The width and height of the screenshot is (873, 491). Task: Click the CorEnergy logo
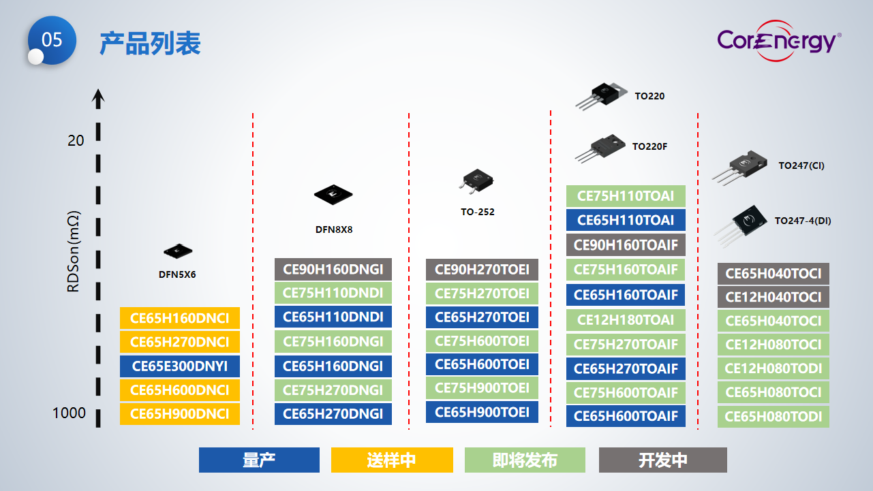[778, 41]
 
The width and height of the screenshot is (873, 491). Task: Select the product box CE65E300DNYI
[180, 366]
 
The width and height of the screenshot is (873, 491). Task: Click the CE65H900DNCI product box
[180, 414]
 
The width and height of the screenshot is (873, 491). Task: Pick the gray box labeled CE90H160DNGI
[333, 270]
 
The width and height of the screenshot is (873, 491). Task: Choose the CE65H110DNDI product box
[333, 317]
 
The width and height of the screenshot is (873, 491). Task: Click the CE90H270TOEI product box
[482, 270]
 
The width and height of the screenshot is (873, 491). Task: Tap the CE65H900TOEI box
[482, 412]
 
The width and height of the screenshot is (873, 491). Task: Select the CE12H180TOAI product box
[626, 320]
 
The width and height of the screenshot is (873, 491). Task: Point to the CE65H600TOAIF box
[626, 417]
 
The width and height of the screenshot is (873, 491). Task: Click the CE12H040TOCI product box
[774, 298]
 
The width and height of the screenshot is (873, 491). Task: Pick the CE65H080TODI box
[774, 417]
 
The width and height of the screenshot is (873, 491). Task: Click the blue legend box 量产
[259, 460]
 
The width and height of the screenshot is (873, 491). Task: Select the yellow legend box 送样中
[392, 460]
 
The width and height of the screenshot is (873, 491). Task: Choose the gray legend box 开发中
[663, 460]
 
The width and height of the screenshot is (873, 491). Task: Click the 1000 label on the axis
[70, 413]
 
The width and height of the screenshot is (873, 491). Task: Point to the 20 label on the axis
[76, 141]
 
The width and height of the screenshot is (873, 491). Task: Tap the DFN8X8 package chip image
[334, 195]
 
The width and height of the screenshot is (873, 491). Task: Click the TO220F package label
[649, 146]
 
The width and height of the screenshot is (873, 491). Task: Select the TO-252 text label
[478, 212]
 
